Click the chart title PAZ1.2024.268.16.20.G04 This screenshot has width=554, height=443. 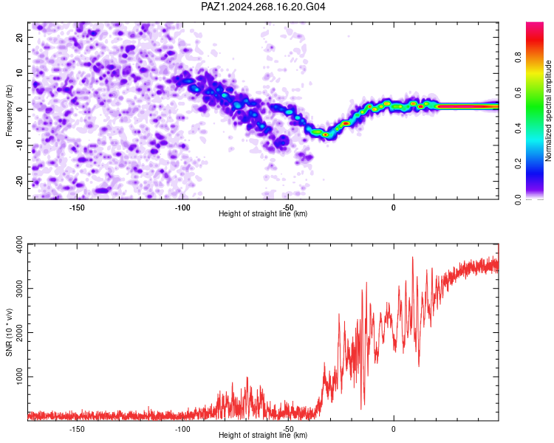coord(263,7)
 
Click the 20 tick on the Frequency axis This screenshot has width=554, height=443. coord(19,37)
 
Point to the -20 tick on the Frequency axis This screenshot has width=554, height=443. coord(19,181)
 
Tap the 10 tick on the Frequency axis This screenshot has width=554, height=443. coord(19,73)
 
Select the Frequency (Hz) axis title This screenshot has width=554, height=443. coord(9,111)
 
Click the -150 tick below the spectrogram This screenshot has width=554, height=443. coord(77,207)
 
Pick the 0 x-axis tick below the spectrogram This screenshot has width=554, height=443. coord(394,207)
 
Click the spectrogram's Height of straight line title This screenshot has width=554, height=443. coord(263,213)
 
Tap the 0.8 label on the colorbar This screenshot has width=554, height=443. coord(518,57)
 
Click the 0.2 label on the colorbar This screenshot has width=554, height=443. coord(518,164)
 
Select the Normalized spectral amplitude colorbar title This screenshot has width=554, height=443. coord(548,111)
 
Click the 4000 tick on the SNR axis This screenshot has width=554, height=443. coord(19,244)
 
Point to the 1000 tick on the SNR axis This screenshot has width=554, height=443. coord(19,377)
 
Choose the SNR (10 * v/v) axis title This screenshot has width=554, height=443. coord(9,332)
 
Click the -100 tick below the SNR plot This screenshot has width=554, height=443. coord(182,429)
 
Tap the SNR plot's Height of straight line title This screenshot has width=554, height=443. coord(263,435)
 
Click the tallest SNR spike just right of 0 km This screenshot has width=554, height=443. coord(412,258)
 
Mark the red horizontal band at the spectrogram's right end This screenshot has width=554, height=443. coord(468,106)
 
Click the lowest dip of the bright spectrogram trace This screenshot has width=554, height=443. coord(325,134)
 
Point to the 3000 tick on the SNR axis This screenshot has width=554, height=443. coord(19,289)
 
